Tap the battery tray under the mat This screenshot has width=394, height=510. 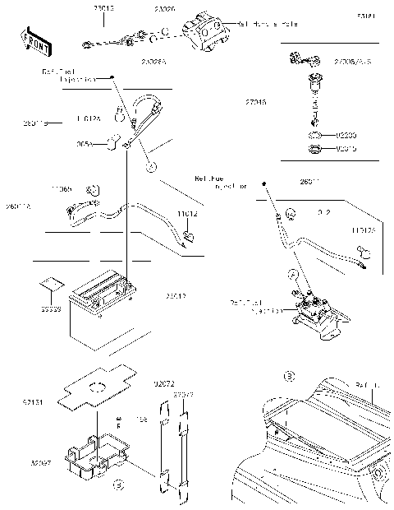point(98,456)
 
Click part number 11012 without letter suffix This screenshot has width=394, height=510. point(188,214)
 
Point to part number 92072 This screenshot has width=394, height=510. point(164,384)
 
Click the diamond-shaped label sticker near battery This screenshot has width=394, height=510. point(51,285)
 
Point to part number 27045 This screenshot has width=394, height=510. point(254,102)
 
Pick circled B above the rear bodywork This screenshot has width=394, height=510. point(287,377)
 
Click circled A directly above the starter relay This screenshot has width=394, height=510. point(291,272)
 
